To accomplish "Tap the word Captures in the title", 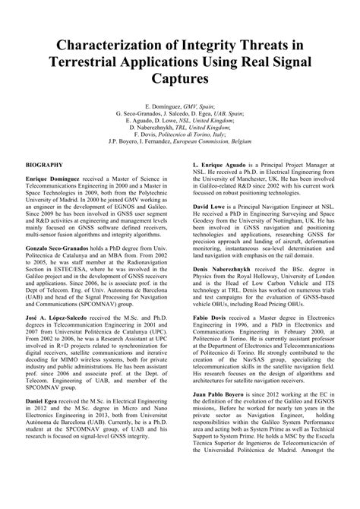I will click(x=180, y=77).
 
